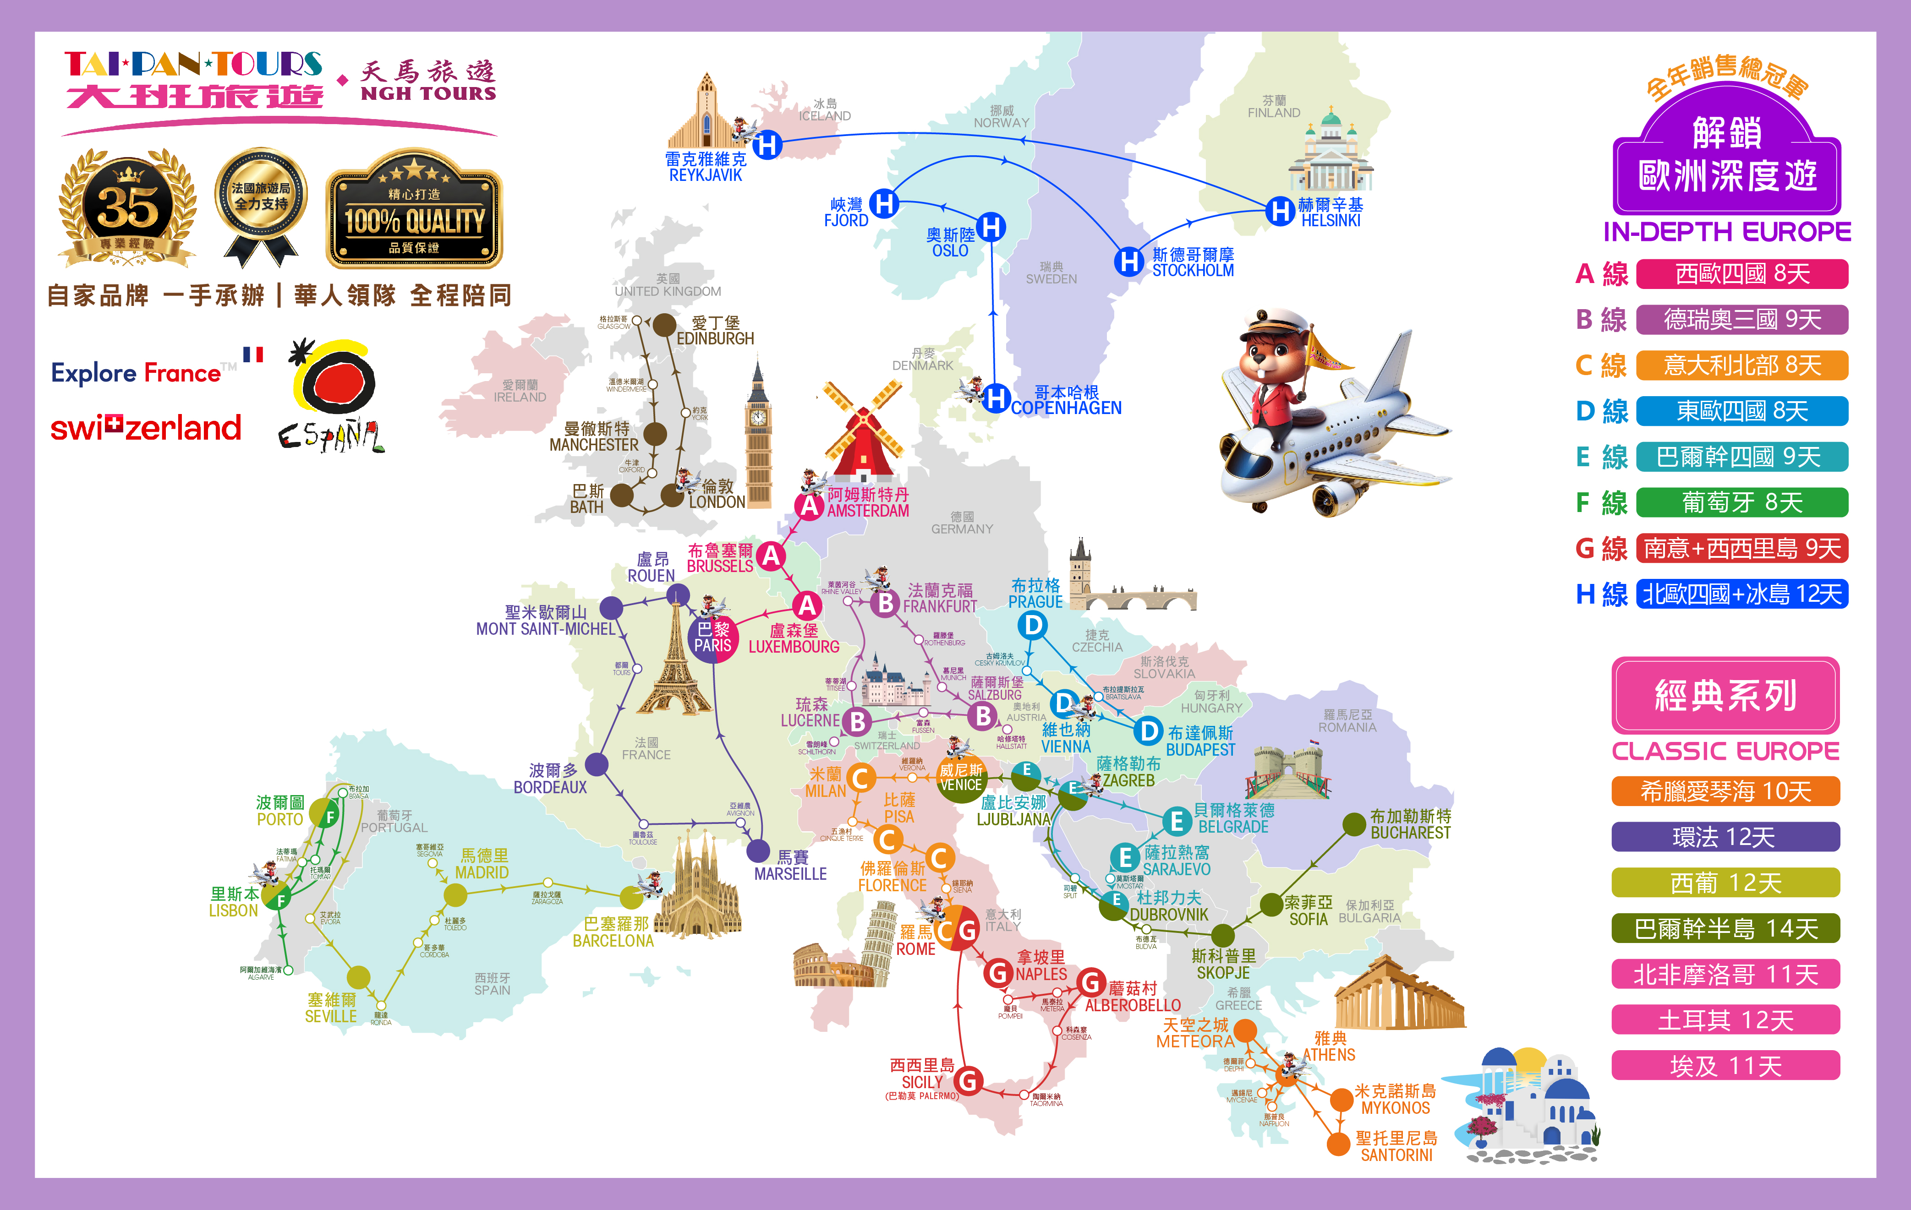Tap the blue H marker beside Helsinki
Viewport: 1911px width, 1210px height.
click(1279, 211)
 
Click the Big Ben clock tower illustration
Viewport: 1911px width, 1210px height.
click(758, 436)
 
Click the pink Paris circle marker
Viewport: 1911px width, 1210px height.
click(712, 637)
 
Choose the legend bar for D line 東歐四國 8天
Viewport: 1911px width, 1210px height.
click(1742, 411)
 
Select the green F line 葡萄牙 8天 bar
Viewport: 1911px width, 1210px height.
click(1742, 502)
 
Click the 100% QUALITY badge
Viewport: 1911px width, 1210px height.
click(414, 209)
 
